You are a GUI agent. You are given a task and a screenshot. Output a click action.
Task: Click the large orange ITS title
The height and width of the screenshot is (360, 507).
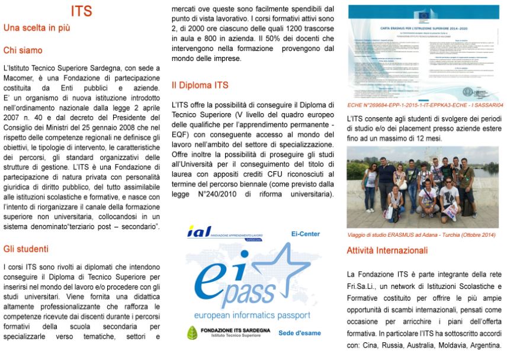pos(81,11)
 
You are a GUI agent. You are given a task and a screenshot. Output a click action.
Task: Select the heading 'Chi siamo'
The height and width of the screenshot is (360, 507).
pos(23,50)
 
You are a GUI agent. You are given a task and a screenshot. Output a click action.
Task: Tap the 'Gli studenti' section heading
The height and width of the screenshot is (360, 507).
pos(26,249)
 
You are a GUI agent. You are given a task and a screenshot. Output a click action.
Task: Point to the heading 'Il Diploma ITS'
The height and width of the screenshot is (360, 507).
pos(200,85)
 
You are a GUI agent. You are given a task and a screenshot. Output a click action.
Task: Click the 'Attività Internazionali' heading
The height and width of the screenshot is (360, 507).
pos(387,250)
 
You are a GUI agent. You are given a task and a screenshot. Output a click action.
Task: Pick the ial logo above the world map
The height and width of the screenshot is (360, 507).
pos(200,232)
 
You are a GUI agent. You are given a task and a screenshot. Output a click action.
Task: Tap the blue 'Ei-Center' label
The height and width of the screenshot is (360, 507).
pos(305,234)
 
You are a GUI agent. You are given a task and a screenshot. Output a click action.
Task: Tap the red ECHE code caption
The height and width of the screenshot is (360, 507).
pos(424,105)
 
